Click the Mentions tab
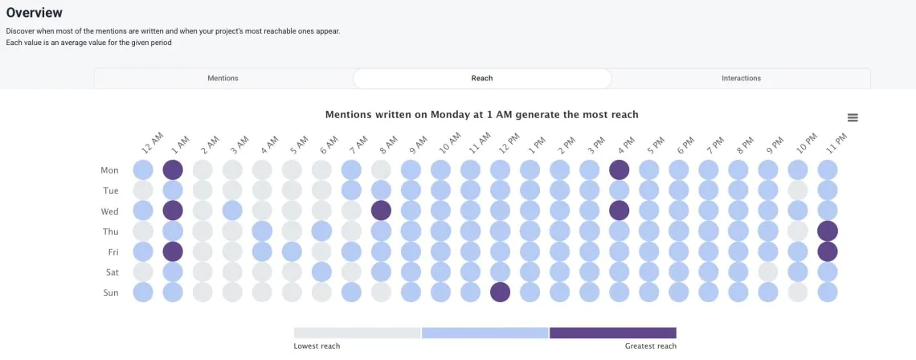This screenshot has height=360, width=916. [223, 78]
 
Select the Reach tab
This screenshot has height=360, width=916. [482, 78]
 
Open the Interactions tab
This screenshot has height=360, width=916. [741, 78]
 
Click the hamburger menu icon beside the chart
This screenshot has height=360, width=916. [853, 117]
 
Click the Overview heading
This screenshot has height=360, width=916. [35, 13]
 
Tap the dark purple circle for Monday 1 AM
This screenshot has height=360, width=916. [173, 170]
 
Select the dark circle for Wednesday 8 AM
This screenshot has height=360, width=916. [381, 211]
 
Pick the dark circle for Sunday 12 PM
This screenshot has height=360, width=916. [500, 292]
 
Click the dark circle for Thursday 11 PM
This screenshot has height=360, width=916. [827, 231]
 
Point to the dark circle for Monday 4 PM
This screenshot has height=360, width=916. [619, 170]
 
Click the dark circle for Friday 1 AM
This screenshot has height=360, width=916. [173, 252]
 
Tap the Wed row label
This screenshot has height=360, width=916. [109, 211]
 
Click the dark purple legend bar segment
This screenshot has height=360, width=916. [613, 333]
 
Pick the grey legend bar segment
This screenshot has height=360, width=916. [357, 333]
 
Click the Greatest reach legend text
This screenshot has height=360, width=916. [650, 346]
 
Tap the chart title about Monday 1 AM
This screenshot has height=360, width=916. [481, 115]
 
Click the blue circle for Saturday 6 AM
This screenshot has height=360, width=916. [321, 272]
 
